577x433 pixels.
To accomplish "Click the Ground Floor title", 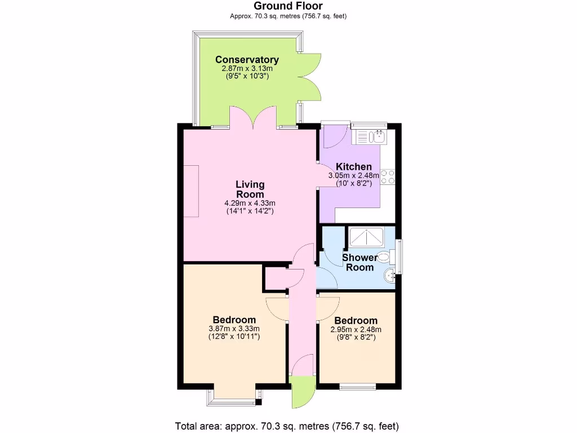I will point(288,6).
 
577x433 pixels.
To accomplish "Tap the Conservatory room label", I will point(247,60).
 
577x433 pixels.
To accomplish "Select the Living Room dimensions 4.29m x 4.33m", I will point(250,203).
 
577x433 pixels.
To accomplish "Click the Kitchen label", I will point(354,167).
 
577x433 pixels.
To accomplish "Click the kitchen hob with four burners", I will point(388,177).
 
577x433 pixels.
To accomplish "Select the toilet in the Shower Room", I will point(385,258).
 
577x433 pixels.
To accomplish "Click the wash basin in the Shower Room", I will point(388,276).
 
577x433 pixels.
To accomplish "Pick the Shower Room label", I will point(359,262).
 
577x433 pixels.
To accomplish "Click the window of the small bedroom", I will point(357,387).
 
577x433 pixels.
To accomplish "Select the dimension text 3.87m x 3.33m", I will point(234,329).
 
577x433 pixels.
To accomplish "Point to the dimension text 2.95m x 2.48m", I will point(356,330).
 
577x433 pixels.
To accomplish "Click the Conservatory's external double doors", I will point(310,77).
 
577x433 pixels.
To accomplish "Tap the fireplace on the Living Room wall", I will point(191,191).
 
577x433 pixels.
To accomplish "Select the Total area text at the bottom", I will point(288,426).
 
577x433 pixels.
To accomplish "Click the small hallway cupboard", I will point(276,278).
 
